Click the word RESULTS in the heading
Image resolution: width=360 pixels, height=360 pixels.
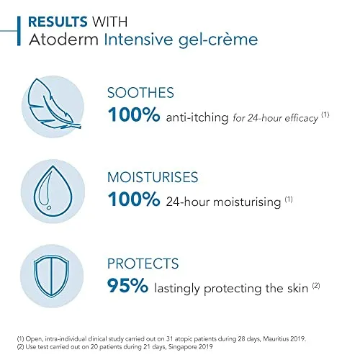click(x=58, y=22)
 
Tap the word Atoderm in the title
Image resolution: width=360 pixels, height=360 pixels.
click(x=64, y=40)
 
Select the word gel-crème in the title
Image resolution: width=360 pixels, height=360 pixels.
click(x=218, y=40)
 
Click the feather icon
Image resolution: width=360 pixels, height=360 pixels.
click(x=54, y=104)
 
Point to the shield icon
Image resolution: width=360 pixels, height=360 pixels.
click(x=52, y=276)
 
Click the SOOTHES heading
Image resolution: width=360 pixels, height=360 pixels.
click(x=140, y=93)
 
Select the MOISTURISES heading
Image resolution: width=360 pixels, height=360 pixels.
click(x=153, y=177)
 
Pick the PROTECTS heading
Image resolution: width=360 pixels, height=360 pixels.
click(x=143, y=264)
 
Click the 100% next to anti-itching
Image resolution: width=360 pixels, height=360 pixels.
click(x=134, y=114)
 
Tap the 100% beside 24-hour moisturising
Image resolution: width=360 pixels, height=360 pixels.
click(x=134, y=199)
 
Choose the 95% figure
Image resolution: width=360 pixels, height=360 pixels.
click(x=127, y=285)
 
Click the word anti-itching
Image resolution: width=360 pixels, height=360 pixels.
click(x=197, y=117)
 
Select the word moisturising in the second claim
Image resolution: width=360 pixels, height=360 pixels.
click(x=247, y=202)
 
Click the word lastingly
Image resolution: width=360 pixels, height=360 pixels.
click(x=177, y=289)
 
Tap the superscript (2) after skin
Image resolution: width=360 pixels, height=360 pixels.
click(x=316, y=286)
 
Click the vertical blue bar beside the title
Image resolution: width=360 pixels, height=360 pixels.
click(x=19, y=31)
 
